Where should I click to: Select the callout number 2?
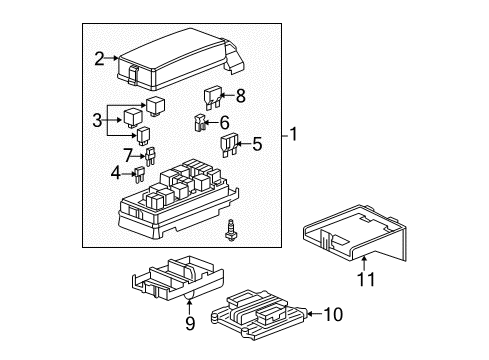(x=98, y=60)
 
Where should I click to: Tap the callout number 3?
(x=98, y=120)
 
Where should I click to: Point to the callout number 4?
(x=116, y=173)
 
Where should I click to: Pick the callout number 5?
(x=257, y=143)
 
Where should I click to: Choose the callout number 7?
(x=127, y=155)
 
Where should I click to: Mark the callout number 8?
(x=241, y=96)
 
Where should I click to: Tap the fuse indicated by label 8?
(x=213, y=97)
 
